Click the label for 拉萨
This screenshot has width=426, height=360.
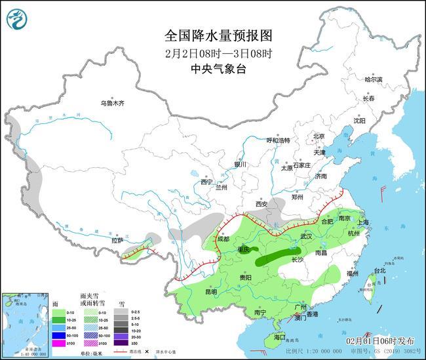(117, 241)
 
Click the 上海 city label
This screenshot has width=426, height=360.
(365, 223)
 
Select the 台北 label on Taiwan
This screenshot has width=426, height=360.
(380, 270)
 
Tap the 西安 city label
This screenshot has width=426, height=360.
(262, 204)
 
